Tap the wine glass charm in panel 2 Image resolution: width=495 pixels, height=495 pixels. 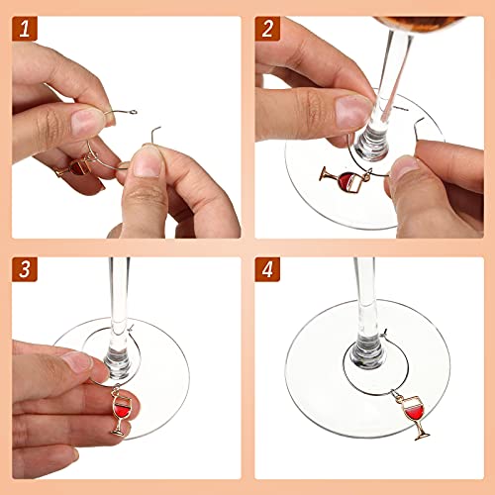[x=336, y=179]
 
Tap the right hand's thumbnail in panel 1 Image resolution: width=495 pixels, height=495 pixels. [x=146, y=165]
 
